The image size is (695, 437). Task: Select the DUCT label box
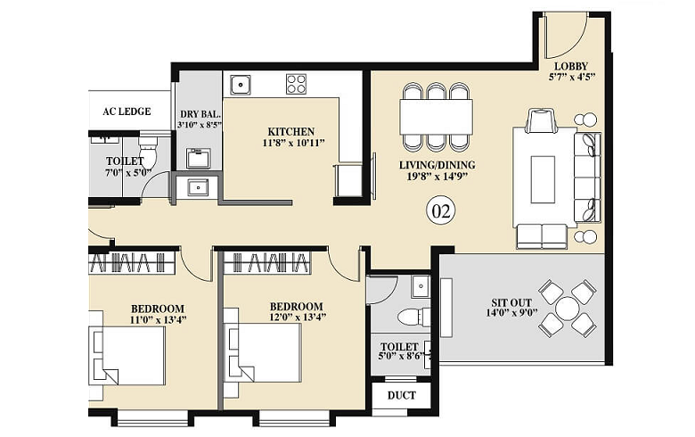coord(400,394)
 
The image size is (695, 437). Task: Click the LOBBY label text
coord(569,67)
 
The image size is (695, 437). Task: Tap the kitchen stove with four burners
coord(296,84)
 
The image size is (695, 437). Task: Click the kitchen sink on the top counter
coord(240,85)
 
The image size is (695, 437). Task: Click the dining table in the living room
coord(436,115)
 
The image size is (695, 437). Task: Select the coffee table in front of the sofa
coord(543,179)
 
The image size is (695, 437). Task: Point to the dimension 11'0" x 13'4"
coord(159,319)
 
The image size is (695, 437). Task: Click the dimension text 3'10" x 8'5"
coord(199,126)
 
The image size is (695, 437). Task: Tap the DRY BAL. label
coord(199,113)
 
